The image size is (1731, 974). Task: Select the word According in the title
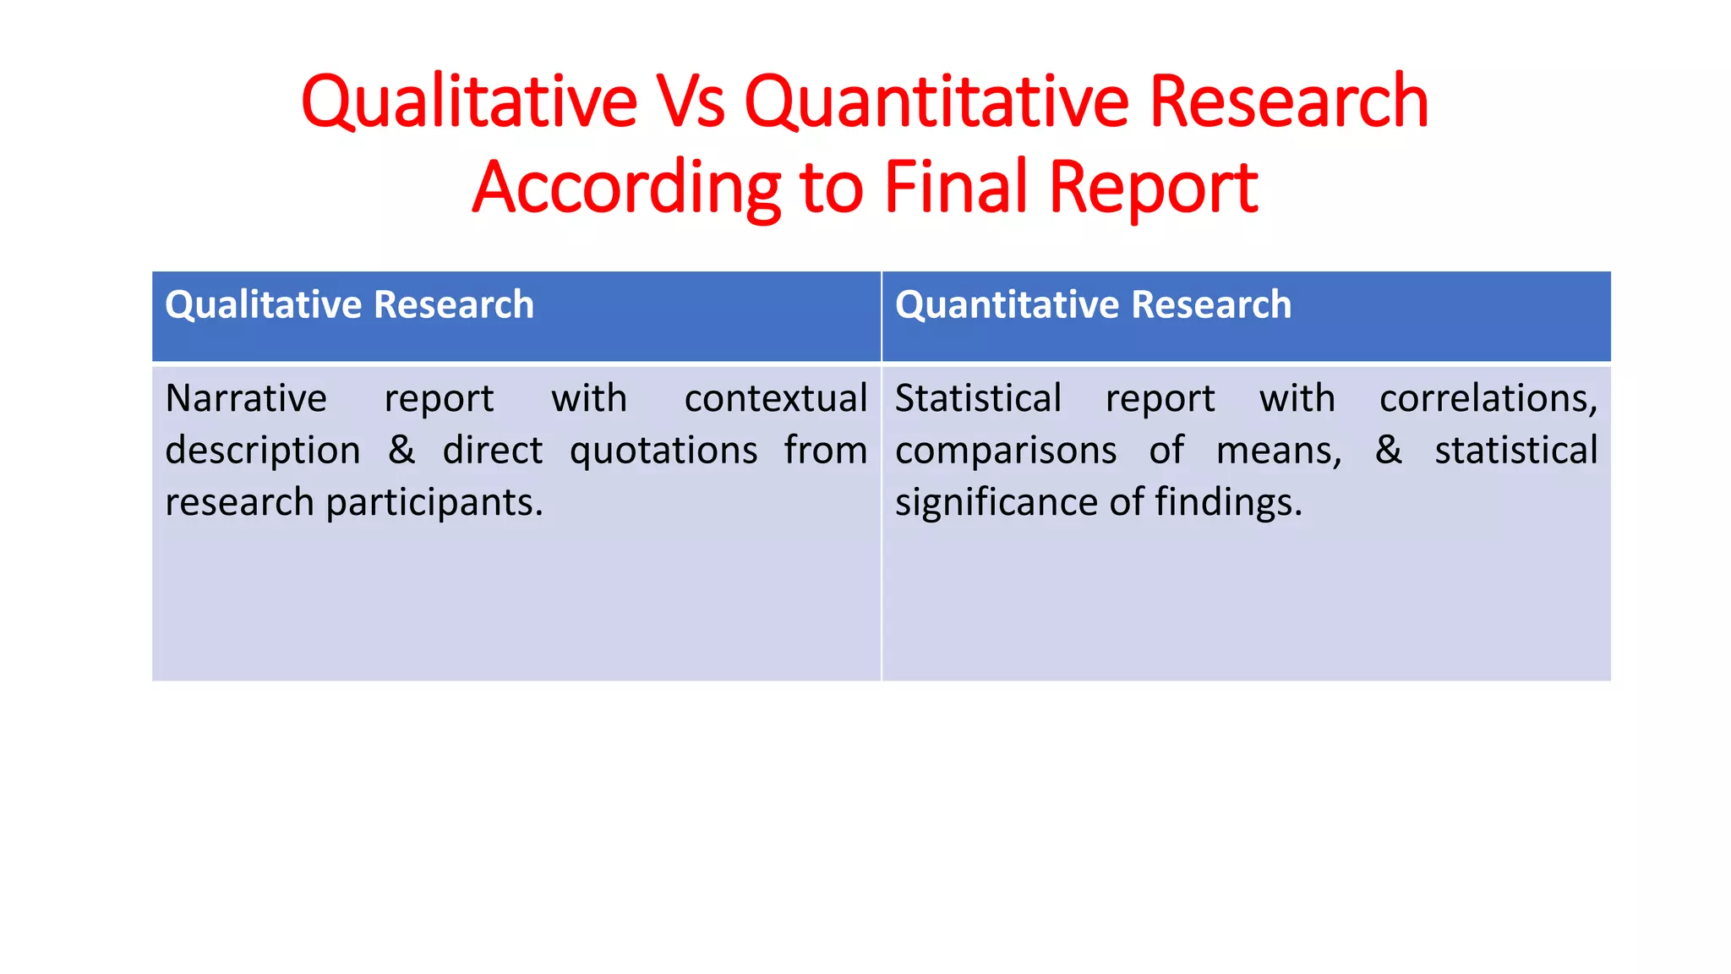[626, 188]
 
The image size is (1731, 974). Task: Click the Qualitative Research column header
[349, 304]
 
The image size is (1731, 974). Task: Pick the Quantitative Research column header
[1093, 304]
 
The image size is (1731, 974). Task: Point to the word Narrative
[246, 398]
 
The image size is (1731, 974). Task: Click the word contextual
[776, 398]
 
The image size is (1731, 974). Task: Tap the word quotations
[663, 451]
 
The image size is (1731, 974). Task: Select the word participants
[434, 503]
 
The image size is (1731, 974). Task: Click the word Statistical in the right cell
[978, 398]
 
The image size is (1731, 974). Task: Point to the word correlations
[1488, 398]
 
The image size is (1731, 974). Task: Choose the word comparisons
[1006, 451]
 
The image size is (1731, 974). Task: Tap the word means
[1277, 451]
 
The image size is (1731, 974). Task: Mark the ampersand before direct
[401, 450]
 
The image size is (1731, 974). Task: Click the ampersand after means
[1388, 450]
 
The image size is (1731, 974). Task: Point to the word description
[263, 451]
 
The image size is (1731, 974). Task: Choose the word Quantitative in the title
[936, 101]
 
